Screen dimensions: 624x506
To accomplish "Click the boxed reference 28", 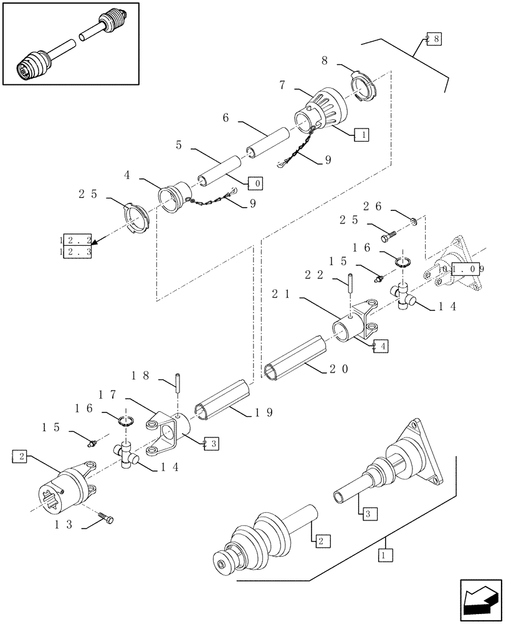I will coord(432,39).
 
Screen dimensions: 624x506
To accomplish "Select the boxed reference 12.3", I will coord(76,252).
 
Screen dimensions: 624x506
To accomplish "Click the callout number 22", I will coord(313,274).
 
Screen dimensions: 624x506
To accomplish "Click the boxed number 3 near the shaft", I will coord(368,514).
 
